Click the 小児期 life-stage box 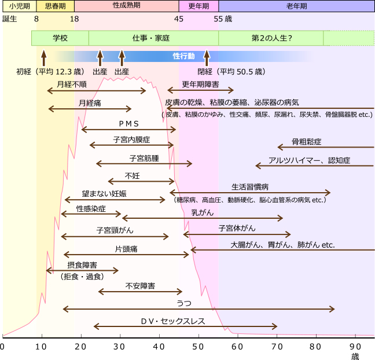(19, 6)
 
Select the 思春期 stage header (55, 6)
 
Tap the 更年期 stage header (198, 6)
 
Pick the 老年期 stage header (296, 6)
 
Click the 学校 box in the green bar (60, 38)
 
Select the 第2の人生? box (271, 38)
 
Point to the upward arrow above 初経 (43, 58)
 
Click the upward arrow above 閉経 (207, 58)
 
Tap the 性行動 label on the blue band (183, 56)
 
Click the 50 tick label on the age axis (198, 347)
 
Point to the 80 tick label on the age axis (316, 347)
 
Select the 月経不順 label (72, 84)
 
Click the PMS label (128, 124)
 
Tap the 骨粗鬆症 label (306, 142)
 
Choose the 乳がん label (203, 212)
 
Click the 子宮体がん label (237, 228)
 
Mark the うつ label (184, 303)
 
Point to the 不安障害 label (140, 286)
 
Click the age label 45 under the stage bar (179, 19)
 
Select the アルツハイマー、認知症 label (309, 160)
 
